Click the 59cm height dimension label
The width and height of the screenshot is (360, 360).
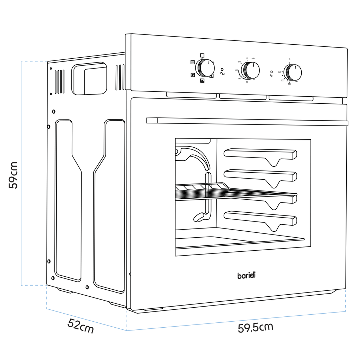pyautogui.click(x=13, y=175)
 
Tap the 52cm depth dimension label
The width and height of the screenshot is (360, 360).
pyautogui.click(x=81, y=327)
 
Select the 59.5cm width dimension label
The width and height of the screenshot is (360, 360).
pyautogui.click(x=255, y=327)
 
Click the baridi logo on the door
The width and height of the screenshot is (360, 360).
pyautogui.click(x=246, y=275)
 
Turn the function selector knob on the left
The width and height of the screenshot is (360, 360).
pyautogui.click(x=205, y=68)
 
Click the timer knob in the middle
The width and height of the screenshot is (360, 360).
pyautogui.click(x=251, y=70)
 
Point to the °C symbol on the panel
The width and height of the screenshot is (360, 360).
pyautogui.click(x=271, y=75)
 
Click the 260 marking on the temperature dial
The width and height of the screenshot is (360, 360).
pyautogui.click(x=279, y=72)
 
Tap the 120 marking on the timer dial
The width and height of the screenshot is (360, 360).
pyautogui.click(x=237, y=70)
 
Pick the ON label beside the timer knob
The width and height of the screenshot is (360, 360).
pyautogui.click(x=239, y=62)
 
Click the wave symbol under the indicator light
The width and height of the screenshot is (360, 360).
pyautogui.click(x=222, y=73)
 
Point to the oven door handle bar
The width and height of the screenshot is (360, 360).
pyautogui.click(x=246, y=122)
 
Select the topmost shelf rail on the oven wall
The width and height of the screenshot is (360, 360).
pyautogui.click(x=260, y=154)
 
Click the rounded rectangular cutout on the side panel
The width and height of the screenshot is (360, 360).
pyautogui.click(x=89, y=79)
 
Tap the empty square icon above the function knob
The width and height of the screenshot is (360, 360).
pyautogui.click(x=202, y=55)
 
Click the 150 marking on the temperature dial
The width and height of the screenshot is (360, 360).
pyautogui.click(x=289, y=84)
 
